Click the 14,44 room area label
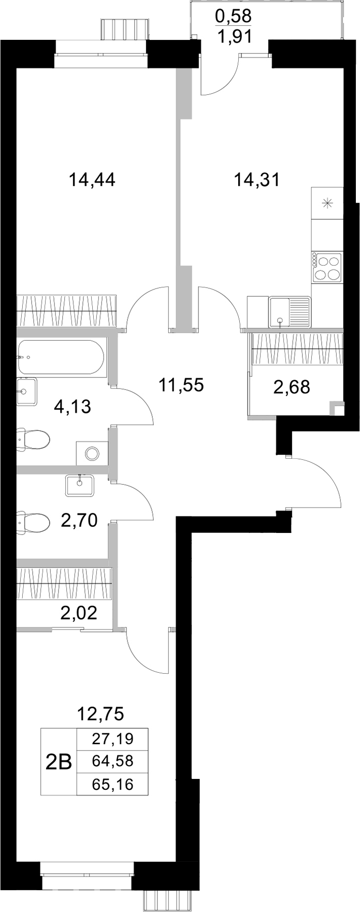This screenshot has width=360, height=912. [x=92, y=180]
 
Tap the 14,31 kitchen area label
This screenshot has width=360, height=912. [x=256, y=180]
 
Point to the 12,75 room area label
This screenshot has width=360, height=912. [x=100, y=714]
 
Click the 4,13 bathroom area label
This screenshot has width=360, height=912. [x=73, y=407]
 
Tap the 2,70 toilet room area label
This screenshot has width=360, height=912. [x=79, y=519]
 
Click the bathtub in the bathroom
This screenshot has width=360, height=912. [x=61, y=357]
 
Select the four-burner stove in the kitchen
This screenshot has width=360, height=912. [x=327, y=267]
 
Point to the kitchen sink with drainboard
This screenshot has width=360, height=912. [x=289, y=312]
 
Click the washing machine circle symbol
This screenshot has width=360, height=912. [x=93, y=454]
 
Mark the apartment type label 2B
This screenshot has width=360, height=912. [x=59, y=761]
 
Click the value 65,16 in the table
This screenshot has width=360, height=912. [x=112, y=784]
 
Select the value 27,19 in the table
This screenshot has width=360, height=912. [x=112, y=739]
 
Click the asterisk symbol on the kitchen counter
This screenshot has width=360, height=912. [x=327, y=203]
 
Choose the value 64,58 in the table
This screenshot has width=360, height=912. [x=112, y=761]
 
